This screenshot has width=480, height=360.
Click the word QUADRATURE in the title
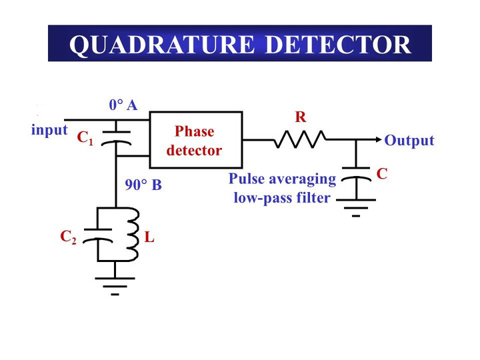(162, 44)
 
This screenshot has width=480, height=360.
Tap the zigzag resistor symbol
(299, 140)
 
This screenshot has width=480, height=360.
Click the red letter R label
(301, 118)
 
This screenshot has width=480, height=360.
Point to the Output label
(409, 141)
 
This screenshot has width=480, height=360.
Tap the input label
(49, 130)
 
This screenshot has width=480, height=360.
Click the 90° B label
(143, 185)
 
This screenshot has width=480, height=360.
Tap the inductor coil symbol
(133, 235)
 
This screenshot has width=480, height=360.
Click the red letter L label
(150, 236)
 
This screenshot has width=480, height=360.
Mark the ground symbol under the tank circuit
(115, 284)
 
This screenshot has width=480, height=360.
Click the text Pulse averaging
(282, 179)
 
